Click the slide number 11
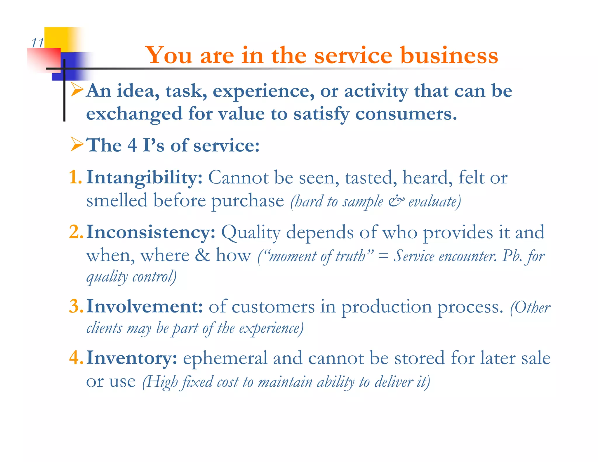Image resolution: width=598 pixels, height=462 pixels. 37,43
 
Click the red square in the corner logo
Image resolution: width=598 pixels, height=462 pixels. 44,60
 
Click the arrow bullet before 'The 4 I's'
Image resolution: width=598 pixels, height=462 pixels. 77,145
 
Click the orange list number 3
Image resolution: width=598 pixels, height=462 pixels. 76,306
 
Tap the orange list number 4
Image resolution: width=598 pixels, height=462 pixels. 76,358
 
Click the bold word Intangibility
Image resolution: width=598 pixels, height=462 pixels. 144,178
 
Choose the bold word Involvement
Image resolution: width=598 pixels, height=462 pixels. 145,306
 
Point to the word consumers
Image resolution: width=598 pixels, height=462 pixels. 406,114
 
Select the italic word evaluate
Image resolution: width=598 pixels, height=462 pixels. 434,202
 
